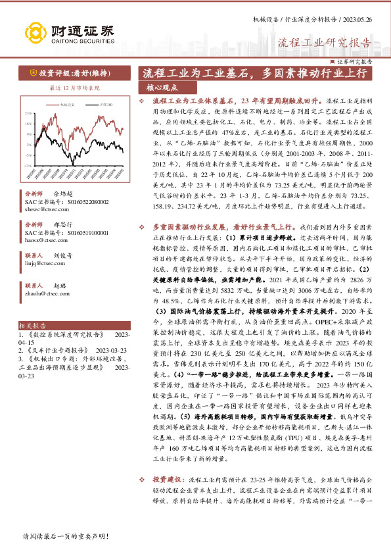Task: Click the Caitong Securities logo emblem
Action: coord(36,32)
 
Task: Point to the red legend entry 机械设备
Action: coord(68,105)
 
